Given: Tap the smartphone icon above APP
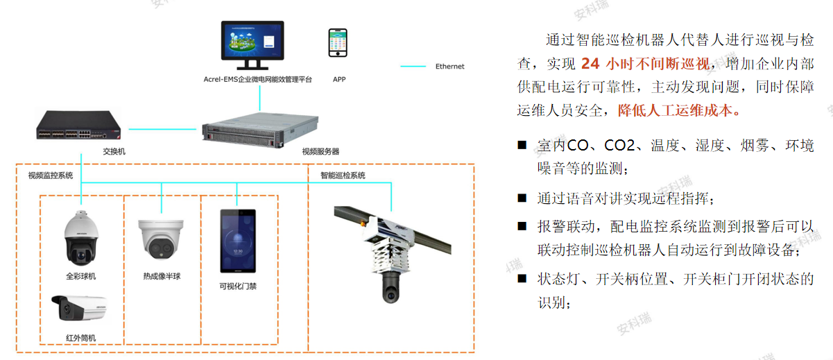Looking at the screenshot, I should coord(338,44).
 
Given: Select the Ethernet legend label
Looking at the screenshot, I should coord(449,67).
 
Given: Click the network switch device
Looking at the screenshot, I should coord(82,126).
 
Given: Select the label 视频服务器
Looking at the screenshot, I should coord(320,151).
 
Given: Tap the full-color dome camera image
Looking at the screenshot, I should coord(80,239).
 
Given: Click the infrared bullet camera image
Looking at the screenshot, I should coord(80,311).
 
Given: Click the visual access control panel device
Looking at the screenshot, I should coord(237,242).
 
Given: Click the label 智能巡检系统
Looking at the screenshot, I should coord(343,175).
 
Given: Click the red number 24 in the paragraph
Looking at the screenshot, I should coord(590,64).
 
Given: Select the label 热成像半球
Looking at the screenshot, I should coord(162,276).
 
